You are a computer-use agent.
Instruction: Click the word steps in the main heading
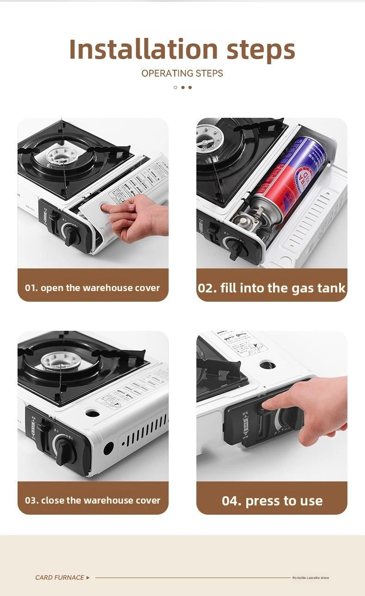[261, 50]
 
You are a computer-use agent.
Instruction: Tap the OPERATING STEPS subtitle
[182, 73]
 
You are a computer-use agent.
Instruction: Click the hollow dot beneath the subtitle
[176, 87]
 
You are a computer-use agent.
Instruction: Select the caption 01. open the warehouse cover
[92, 288]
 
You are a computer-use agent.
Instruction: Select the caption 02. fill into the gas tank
[272, 288]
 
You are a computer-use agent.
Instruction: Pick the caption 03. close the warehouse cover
[92, 500]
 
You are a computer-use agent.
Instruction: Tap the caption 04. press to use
[272, 501]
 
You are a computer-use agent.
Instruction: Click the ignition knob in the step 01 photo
[72, 233]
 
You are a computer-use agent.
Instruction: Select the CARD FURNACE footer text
[60, 578]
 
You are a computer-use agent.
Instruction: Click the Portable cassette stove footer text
[310, 578]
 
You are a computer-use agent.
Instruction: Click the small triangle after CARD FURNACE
[88, 578]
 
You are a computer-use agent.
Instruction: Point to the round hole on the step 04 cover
[268, 365]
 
